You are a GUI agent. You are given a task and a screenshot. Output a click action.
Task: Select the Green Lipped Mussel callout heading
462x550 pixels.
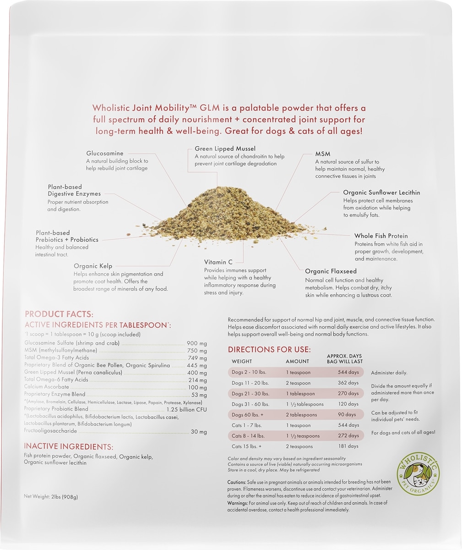pyautogui.click(x=225, y=149)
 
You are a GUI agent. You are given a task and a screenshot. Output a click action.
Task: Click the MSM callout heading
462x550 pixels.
pyautogui.click(x=322, y=154)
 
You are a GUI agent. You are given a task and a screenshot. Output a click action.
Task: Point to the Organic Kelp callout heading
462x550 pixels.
pyautogui.click(x=93, y=266)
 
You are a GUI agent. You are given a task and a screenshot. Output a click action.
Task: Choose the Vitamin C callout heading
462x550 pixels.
pyautogui.click(x=218, y=262)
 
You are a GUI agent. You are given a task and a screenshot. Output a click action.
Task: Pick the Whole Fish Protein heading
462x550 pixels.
pyautogui.click(x=381, y=236)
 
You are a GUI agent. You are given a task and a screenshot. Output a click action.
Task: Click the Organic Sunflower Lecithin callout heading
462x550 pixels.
pyautogui.click(x=381, y=193)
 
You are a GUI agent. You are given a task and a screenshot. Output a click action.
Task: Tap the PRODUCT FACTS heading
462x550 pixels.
pyautogui.click(x=59, y=314)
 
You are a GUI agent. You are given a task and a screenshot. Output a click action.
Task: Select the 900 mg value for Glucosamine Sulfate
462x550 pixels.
pyautogui.click(x=197, y=343)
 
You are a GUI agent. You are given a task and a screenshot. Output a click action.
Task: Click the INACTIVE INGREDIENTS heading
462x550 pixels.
pyautogui.click(x=68, y=447)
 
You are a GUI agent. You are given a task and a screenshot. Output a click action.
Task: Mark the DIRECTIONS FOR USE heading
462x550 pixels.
pyautogui.click(x=269, y=350)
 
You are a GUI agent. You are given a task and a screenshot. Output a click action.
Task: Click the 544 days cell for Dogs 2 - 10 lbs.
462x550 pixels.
pyautogui.click(x=348, y=373)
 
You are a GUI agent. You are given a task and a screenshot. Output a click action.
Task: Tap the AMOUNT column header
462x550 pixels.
pyautogui.click(x=297, y=361)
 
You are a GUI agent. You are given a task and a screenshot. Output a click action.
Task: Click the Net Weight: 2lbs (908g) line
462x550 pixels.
pyautogui.click(x=54, y=497)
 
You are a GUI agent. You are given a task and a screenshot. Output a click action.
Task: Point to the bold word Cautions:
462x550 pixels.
pyautogui.click(x=236, y=482)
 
